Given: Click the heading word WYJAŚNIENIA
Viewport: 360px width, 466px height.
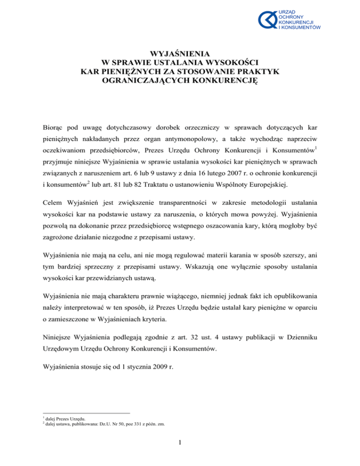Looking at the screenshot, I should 180,53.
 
